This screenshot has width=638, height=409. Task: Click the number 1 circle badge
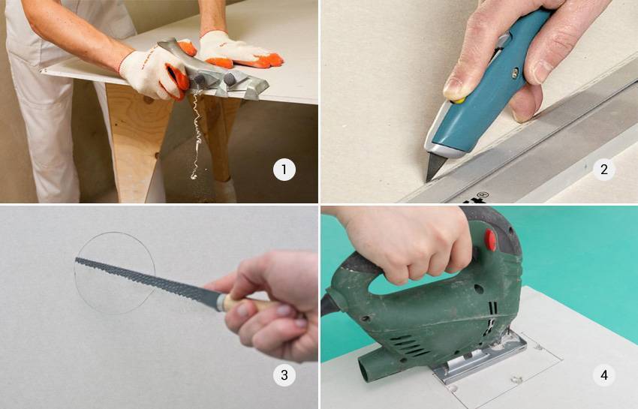pyautogui.click(x=284, y=170)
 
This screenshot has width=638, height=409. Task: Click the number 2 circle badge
pyautogui.click(x=603, y=170)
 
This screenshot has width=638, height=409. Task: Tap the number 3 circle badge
pyautogui.click(x=284, y=375)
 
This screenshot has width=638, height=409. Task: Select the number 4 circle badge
pyautogui.click(x=603, y=375)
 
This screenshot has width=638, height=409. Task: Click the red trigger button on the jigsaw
pyautogui.click(x=490, y=240)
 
